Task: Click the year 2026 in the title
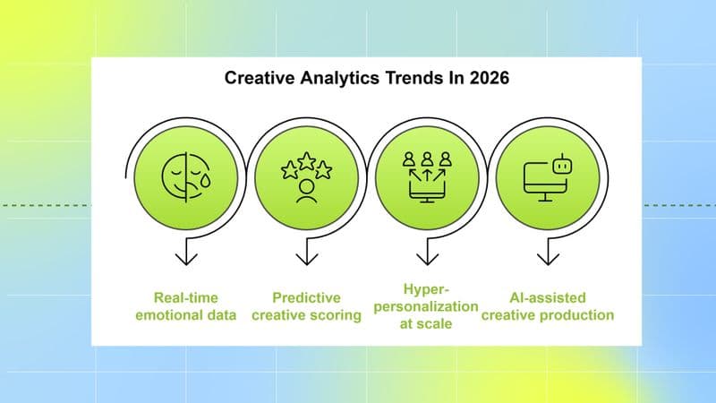(488, 79)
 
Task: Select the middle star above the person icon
(307, 161)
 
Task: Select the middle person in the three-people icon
(427, 159)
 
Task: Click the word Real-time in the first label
(186, 298)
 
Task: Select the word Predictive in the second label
(307, 298)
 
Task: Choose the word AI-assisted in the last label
(548, 298)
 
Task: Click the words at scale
(428, 324)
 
